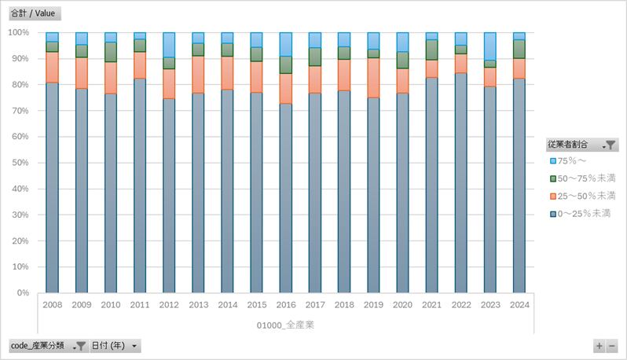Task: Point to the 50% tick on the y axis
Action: pos(19,163)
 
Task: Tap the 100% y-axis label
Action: pos(17,32)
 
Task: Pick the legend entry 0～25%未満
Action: pos(583,213)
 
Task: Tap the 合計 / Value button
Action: pos(34,13)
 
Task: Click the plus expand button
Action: pos(599,346)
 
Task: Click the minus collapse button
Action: pos(612,346)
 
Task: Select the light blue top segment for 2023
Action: pos(489,46)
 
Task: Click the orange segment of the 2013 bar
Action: pos(198,74)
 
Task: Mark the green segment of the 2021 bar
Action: pos(431,50)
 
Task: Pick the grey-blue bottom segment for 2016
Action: pos(285,197)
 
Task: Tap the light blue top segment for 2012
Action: pos(169,44)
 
